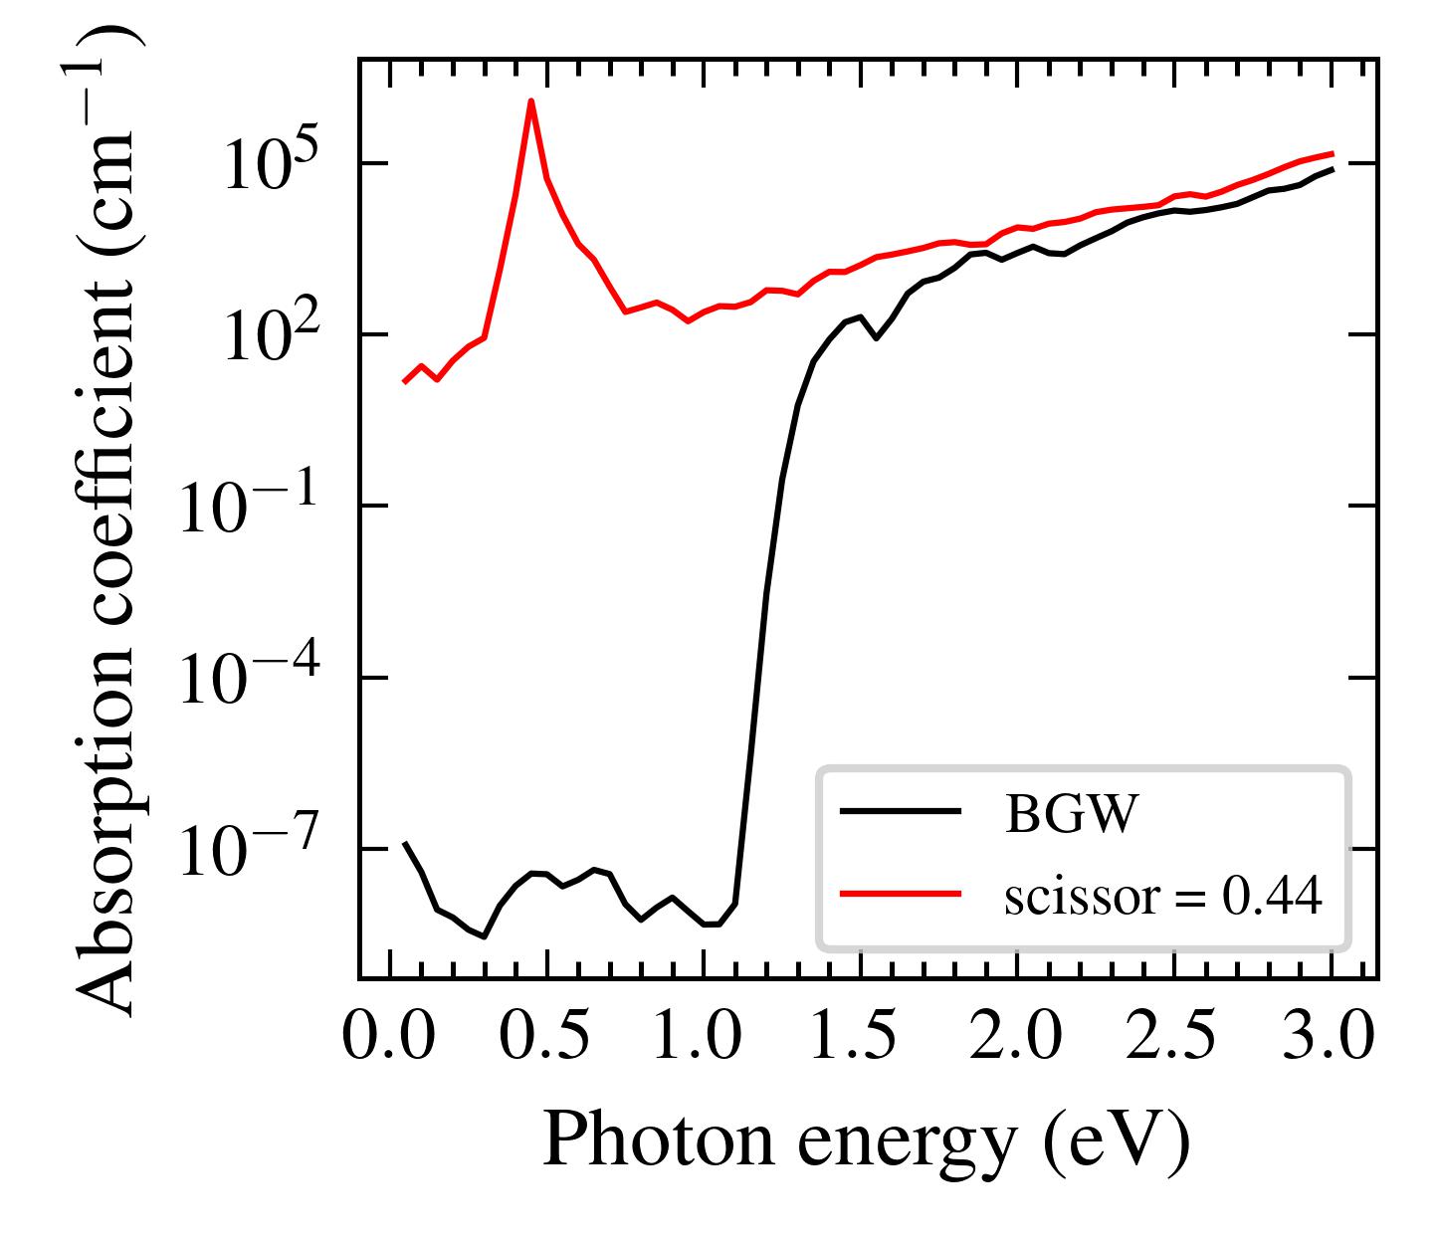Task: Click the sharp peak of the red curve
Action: point(531,102)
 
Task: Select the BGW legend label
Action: point(1070,815)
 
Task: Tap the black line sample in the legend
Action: point(900,812)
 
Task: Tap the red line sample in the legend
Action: point(900,894)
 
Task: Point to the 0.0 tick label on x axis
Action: point(389,1037)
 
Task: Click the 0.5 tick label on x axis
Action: point(545,1037)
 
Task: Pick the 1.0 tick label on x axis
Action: point(703,1037)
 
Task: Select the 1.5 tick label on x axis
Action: point(860,1037)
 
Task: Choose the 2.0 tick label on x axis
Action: point(1016,1037)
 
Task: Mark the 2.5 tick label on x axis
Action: point(1173,1037)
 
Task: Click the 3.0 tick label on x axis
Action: point(1331,1037)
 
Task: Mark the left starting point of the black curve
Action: point(405,844)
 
